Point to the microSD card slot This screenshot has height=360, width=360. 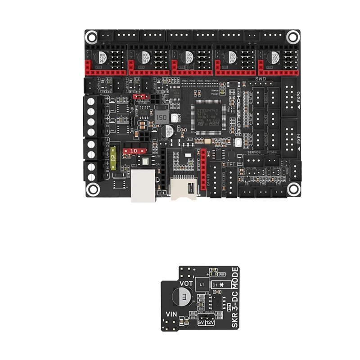pyautogui.click(x=183, y=189)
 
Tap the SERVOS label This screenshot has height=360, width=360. pyautogui.click(x=255, y=152)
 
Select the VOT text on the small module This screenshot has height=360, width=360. pyautogui.click(x=186, y=283)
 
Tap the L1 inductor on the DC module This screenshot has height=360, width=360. pyautogui.click(x=202, y=285)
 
